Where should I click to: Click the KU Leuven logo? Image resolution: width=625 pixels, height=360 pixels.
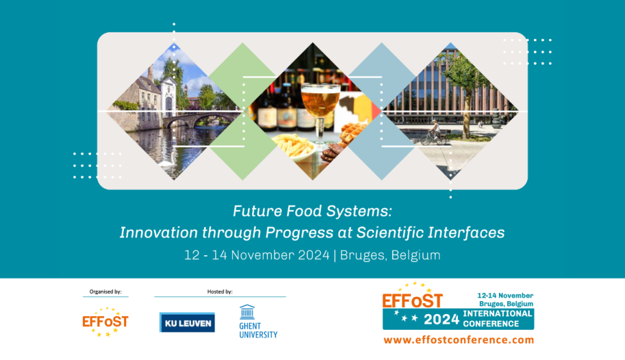187,322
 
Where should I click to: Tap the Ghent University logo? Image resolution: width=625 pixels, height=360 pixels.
258,322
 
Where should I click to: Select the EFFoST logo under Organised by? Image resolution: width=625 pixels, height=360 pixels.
106,322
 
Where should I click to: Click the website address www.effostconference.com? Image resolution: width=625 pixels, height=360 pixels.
458,340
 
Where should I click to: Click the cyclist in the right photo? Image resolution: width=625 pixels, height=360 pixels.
434,132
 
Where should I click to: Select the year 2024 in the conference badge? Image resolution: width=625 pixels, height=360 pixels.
441,320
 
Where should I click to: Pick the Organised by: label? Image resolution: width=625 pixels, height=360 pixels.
106,291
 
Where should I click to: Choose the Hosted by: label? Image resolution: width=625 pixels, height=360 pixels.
219,291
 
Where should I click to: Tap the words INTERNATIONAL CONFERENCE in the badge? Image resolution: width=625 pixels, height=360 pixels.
498,319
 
